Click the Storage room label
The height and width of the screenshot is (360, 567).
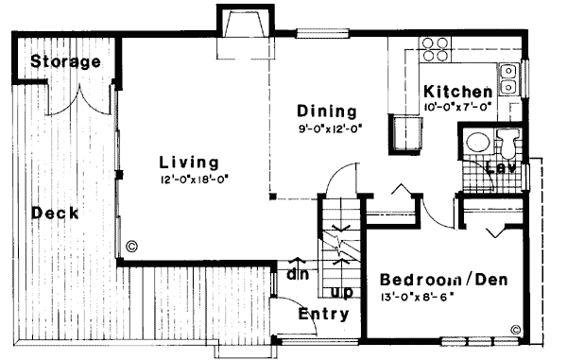[x=65, y=62]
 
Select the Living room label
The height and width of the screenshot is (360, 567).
[x=189, y=161]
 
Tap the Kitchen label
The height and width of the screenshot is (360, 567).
[x=457, y=92]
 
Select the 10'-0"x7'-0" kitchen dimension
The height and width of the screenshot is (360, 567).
[x=457, y=107]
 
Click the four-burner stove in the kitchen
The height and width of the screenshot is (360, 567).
[x=435, y=49]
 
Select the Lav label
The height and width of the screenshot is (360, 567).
[x=499, y=169]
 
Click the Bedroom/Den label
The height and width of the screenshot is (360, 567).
[x=436, y=281]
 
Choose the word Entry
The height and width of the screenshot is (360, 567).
[x=323, y=314]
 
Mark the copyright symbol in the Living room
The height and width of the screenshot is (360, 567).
[x=131, y=247]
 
